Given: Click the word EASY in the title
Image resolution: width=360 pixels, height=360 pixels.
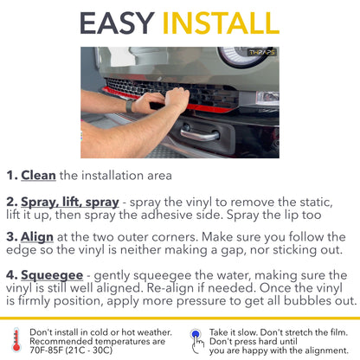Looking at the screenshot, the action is coord(118,23).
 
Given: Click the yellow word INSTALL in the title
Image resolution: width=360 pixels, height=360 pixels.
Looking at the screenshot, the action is coord(221,23).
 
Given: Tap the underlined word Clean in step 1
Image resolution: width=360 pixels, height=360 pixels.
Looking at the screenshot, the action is coord(38,176).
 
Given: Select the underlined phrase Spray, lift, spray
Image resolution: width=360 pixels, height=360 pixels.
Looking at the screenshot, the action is coord(70,202).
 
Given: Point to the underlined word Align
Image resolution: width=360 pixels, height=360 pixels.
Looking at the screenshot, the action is coord(37,237).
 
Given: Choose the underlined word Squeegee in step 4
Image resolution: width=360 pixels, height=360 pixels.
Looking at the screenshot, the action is coord(52,276).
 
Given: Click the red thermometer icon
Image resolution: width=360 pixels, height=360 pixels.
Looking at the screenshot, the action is coord(16,340).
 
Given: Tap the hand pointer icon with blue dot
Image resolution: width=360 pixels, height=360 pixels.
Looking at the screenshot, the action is coord(196,341).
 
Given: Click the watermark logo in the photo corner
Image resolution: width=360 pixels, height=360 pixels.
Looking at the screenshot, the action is coord(262,52).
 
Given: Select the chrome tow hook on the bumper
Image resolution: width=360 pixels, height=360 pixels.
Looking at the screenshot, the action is coord(200,133).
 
